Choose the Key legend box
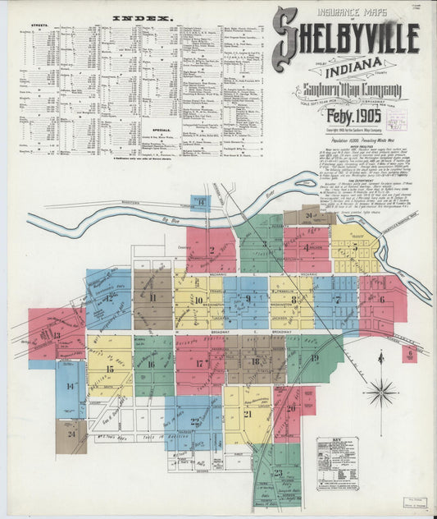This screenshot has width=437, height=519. pos(338,463)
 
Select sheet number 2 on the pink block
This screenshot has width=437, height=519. pos(211,244)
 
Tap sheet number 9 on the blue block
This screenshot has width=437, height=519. pos(248,298)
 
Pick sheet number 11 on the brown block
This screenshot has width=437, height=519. pos(152,297)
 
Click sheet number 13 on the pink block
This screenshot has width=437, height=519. pos(56,335)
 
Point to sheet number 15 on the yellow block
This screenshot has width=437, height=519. pos(109,369)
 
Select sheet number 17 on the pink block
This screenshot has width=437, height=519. pos(199,363)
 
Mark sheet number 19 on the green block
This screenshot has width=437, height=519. pos(314,358)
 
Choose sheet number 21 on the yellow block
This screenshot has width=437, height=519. pos(247,414)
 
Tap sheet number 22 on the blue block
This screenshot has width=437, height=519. pos(194,421)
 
